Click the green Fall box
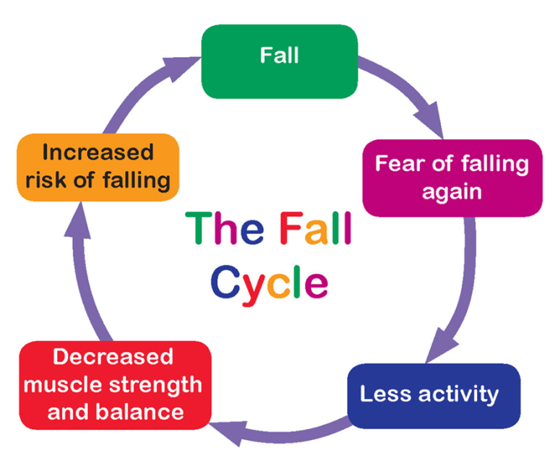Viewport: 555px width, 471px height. point(279,61)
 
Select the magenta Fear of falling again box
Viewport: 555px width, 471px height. point(451,178)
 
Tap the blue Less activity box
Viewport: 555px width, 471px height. point(433,395)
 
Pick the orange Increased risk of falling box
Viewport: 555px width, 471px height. point(97,166)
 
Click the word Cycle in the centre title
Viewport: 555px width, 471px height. point(269,282)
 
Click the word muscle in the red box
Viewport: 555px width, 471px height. point(57,384)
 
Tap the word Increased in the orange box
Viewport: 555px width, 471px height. point(98,152)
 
